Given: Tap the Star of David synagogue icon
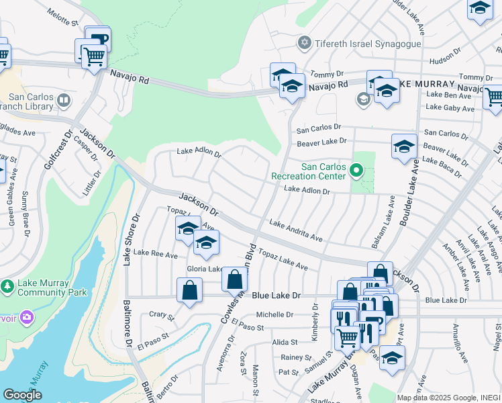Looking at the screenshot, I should point(305,44).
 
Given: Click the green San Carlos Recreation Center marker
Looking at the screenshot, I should point(356,172).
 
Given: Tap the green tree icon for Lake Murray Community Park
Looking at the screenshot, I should point(8,287).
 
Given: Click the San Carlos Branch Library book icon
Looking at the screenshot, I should point(64,101).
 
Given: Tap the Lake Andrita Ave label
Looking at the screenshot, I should point(296,230).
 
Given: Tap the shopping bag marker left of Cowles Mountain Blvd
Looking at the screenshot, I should point(190,290).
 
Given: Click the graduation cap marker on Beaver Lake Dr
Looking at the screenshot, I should point(404,147).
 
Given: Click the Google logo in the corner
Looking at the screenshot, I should point(23,395).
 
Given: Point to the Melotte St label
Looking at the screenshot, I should point(62,17).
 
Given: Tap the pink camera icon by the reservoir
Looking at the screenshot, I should point(26,316).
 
